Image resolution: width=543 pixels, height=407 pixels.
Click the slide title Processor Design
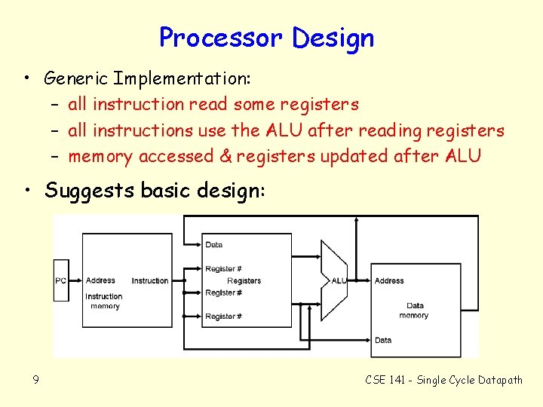tap(266, 37)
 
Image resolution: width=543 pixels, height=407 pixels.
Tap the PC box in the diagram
tap(61, 280)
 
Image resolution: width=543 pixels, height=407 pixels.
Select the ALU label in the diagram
tap(339, 280)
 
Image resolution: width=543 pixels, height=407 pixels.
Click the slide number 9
tap(35, 380)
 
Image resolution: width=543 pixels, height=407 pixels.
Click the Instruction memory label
tap(104, 301)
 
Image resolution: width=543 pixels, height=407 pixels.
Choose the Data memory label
tap(414, 311)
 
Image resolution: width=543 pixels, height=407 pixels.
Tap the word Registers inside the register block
tap(244, 281)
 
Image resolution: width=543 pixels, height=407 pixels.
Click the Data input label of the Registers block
tap(214, 245)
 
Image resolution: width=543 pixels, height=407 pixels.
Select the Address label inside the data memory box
tap(389, 281)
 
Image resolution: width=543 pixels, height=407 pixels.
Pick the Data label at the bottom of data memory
tap(383, 340)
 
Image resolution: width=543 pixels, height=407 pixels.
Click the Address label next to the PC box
tap(100, 281)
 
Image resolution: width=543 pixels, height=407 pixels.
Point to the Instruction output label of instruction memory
tap(150, 281)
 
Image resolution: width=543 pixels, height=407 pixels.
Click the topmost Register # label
tap(223, 269)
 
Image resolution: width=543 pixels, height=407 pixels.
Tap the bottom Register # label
tap(223, 317)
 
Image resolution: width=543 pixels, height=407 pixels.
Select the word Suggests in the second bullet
tap(81, 191)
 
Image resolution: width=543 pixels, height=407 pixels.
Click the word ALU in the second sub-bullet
tap(282, 130)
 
